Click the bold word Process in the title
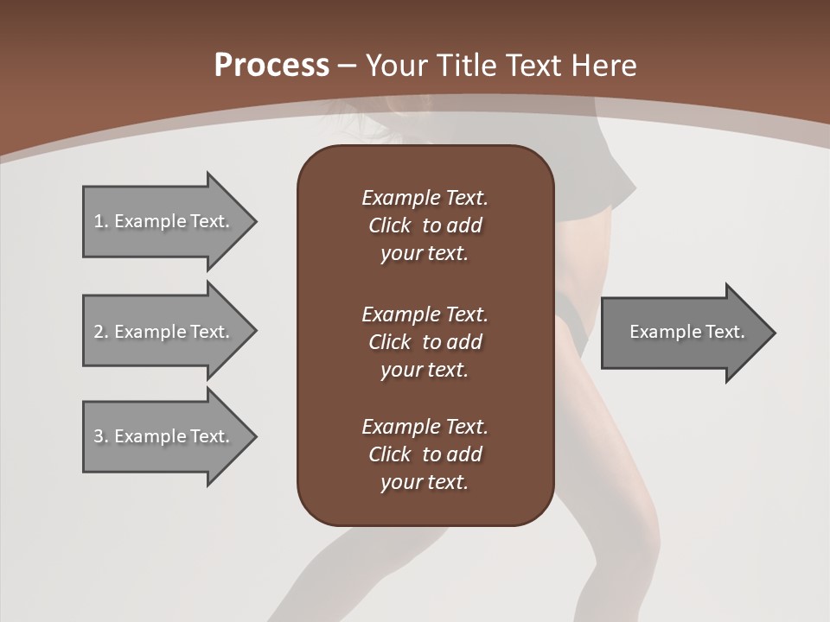coord(271,66)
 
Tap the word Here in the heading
coord(604,66)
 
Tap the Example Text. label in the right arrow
coord(686,332)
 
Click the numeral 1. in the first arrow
coord(101,221)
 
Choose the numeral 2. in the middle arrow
coord(101,332)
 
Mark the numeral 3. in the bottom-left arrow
coord(101,436)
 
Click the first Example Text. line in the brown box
coord(425,198)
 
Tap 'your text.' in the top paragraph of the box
coord(425,254)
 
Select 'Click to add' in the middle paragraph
coord(425,342)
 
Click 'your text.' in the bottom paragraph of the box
coord(425,482)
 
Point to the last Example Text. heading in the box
coord(425,426)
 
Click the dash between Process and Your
coord(347,66)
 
